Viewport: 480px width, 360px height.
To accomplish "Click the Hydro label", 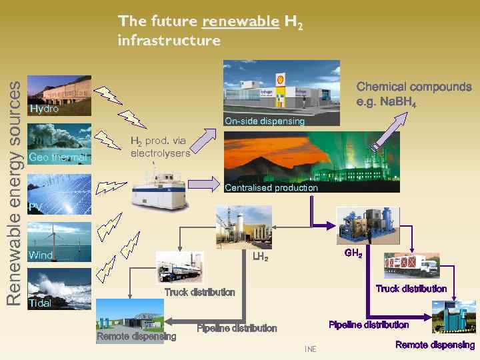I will (44, 109).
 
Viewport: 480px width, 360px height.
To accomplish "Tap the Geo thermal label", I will (58, 157).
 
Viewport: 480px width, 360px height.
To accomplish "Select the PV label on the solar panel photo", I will (35, 207).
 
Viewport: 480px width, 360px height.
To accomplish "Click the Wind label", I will (41, 255).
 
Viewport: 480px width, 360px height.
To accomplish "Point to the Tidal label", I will (41, 303).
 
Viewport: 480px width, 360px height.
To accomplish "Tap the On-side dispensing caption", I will (265, 121).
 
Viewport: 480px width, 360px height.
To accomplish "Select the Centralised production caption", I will (271, 188).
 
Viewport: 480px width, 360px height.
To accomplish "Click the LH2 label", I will (260, 257).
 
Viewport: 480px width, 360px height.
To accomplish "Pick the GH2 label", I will (353, 253).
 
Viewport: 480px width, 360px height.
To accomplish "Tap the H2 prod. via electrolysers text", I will (160, 147).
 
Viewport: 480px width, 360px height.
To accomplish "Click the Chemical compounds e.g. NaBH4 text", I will (413, 93).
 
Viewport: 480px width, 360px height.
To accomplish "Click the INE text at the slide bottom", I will (310, 349).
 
